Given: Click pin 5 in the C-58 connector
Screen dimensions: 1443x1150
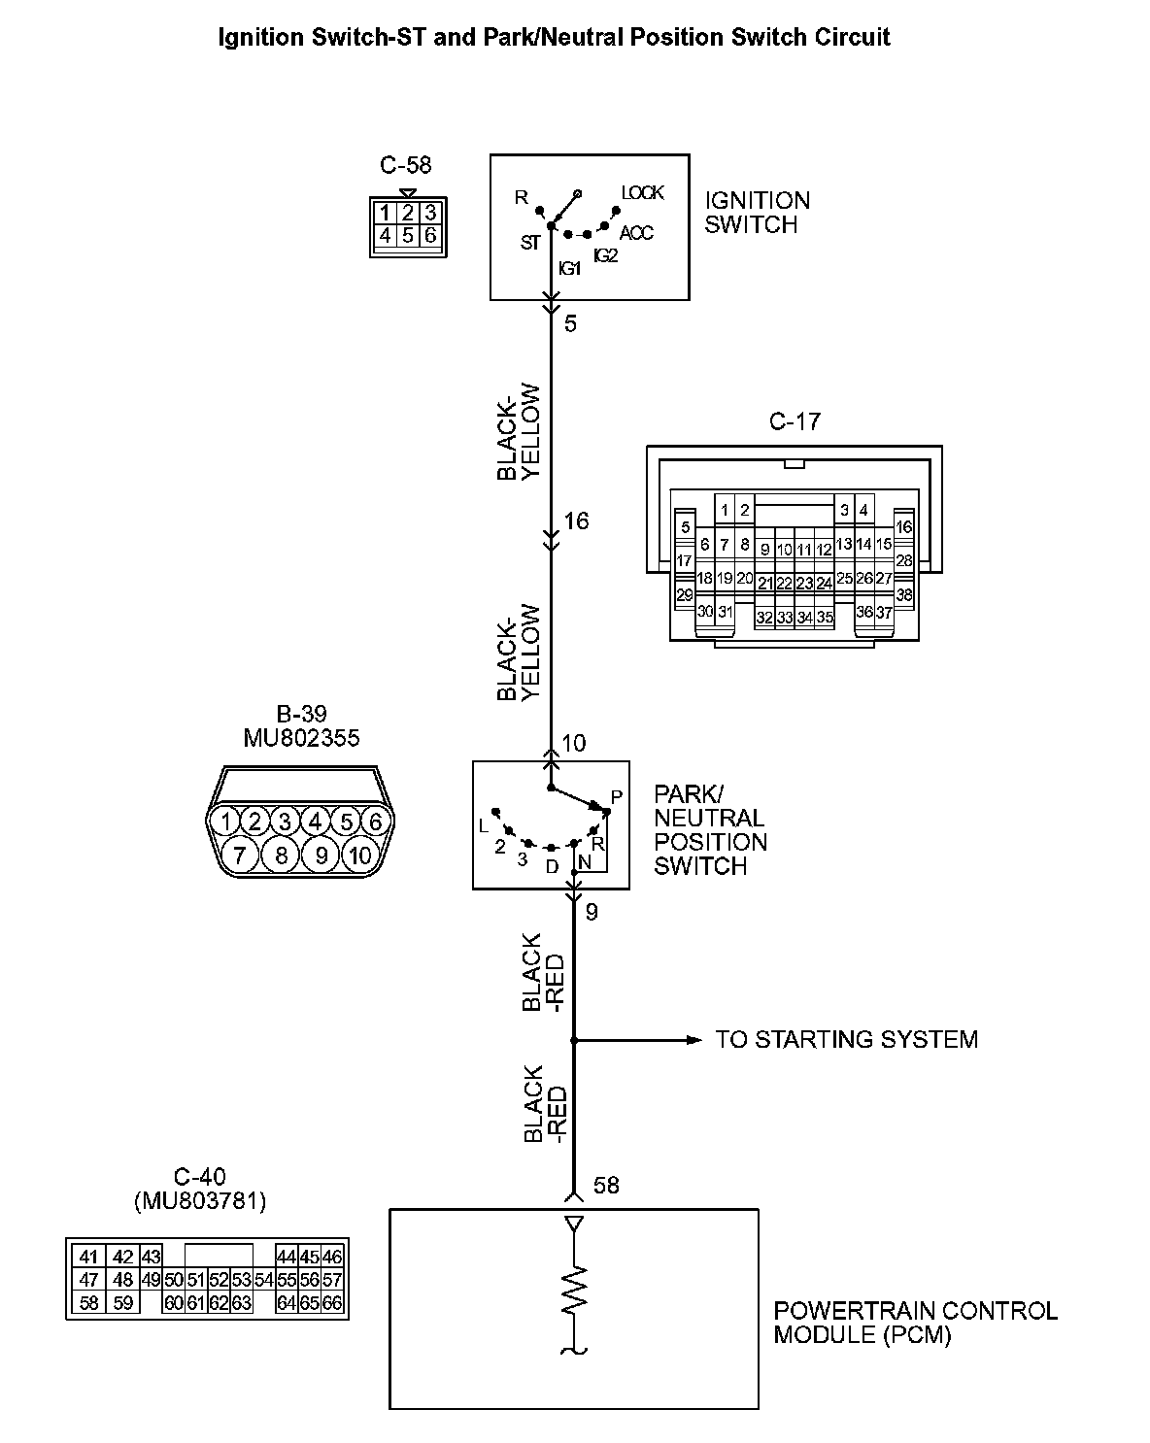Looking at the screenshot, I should point(408,235).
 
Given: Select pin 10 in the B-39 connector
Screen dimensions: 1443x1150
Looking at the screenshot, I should point(360,855).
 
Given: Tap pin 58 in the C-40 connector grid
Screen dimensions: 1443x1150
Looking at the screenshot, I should point(88,1303).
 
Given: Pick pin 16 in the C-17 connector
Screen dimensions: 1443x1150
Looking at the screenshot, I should point(904,527).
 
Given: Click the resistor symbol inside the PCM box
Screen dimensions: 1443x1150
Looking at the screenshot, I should point(575,1291).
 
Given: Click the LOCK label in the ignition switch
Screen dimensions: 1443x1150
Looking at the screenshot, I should point(642,193).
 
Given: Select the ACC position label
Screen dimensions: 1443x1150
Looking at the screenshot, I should point(636,233).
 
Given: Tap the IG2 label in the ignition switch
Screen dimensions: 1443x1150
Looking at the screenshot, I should point(605,255).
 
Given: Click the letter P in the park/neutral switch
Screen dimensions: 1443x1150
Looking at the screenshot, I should point(616,797).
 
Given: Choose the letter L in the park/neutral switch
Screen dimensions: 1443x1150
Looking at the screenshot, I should point(484,826).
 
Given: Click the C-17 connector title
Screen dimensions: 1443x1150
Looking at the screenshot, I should point(795,421).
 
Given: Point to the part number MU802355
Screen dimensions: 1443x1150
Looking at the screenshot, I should point(301,738).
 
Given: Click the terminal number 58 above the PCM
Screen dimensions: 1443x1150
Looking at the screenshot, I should point(605,1186).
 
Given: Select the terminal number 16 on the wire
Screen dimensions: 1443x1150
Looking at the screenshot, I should point(576,521).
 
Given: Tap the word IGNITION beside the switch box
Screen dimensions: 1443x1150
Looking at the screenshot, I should point(758,201).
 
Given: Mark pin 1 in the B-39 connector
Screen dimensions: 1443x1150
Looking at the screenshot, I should point(225,822).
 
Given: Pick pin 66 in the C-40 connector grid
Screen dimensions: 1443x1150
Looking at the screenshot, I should point(332,1303).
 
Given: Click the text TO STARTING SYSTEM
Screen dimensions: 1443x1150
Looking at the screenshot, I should point(846,1040).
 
